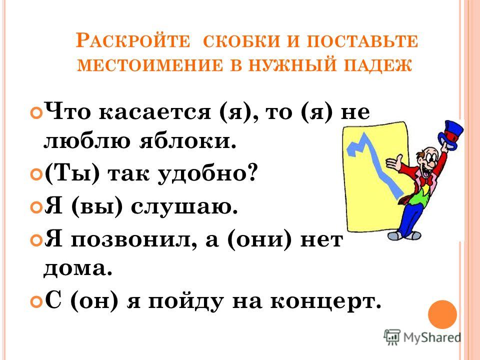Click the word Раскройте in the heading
(x=132, y=40)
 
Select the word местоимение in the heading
(x=150, y=65)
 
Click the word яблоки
(x=188, y=141)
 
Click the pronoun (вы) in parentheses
(x=96, y=207)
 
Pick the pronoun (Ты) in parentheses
(x=72, y=173)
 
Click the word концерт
(x=326, y=302)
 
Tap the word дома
(x=78, y=269)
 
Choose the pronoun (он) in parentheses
(x=94, y=301)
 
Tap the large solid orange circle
(x=442, y=314)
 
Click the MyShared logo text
(x=432, y=337)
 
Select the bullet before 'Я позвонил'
(x=36, y=240)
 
